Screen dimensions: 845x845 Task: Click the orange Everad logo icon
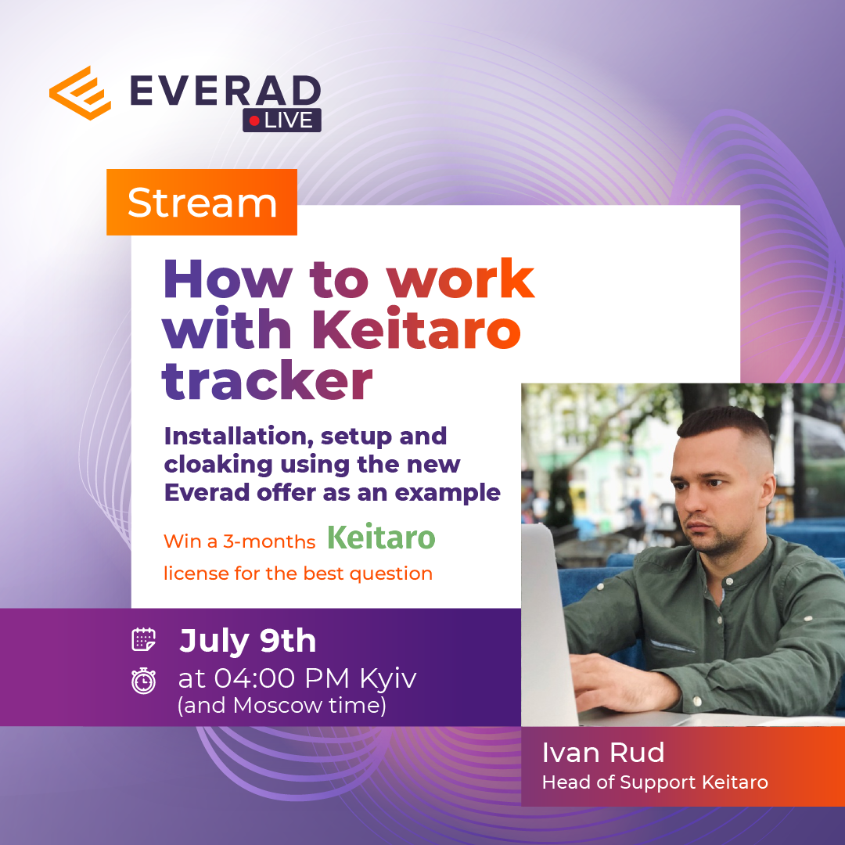pyautogui.click(x=81, y=92)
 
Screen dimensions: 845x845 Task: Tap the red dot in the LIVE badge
pyautogui.click(x=254, y=120)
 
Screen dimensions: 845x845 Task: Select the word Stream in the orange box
pyautogui.click(x=202, y=203)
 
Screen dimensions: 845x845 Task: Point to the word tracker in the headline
pyautogui.click(x=268, y=380)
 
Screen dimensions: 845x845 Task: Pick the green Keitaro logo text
pyautogui.click(x=381, y=537)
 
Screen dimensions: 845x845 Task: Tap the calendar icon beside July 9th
pyautogui.click(x=143, y=640)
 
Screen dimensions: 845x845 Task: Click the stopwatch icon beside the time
pyautogui.click(x=143, y=680)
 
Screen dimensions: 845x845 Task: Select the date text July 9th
pyautogui.click(x=247, y=641)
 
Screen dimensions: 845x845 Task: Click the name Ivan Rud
pyautogui.click(x=603, y=753)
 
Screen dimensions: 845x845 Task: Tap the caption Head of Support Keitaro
pyautogui.click(x=655, y=782)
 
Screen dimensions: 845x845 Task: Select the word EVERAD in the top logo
pyautogui.click(x=225, y=91)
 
